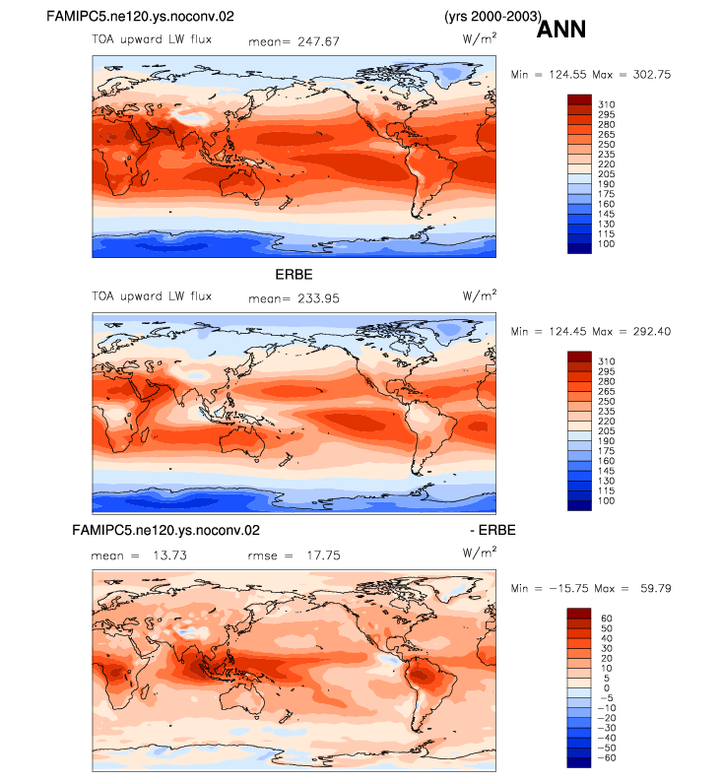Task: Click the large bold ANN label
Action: click(x=560, y=29)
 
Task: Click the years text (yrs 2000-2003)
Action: click(x=492, y=16)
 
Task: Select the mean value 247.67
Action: click(x=318, y=41)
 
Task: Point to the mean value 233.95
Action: click(x=318, y=298)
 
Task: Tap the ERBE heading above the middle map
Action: click(x=295, y=275)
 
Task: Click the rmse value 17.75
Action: click(x=324, y=555)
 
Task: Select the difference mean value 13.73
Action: click(x=170, y=555)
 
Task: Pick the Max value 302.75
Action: click(x=652, y=74)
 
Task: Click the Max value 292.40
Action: click(x=652, y=331)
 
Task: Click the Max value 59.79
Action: click(x=656, y=588)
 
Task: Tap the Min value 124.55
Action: click(x=568, y=74)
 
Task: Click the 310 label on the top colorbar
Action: click(x=607, y=104)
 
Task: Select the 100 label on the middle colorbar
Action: click(x=607, y=500)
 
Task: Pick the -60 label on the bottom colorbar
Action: click(x=607, y=757)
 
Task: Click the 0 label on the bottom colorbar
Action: click(x=607, y=687)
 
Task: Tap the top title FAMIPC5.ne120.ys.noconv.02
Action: click(x=140, y=17)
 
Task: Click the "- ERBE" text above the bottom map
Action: click(x=492, y=530)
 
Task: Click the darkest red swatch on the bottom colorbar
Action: click(x=579, y=613)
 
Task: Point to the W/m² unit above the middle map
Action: click(x=479, y=294)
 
